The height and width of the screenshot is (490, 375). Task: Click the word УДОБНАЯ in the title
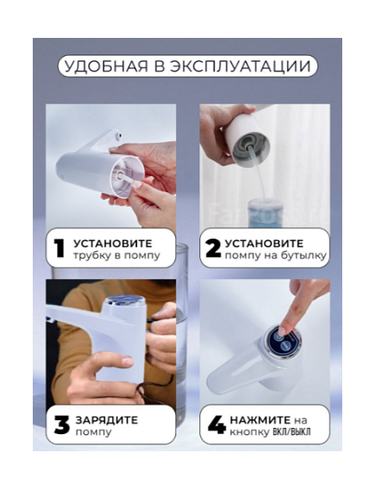tap(106, 66)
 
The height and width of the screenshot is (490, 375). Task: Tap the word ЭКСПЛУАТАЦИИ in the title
tap(241, 66)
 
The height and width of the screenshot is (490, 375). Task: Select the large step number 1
tap(59, 249)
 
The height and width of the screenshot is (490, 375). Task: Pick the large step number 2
tap(213, 249)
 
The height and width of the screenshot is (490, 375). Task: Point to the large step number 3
tap(62, 425)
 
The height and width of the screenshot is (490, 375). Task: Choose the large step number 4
tap(216, 425)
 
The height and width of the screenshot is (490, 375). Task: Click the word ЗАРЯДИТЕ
tap(107, 420)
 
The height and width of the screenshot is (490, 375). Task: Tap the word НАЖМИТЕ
tap(260, 419)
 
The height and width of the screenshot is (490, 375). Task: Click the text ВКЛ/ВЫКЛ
tap(291, 432)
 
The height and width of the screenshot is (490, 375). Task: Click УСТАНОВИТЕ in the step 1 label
tap(113, 243)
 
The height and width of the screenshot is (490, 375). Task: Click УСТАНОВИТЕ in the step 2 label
tap(264, 243)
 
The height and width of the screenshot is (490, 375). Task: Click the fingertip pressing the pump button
tap(283, 331)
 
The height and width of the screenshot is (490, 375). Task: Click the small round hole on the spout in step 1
tap(119, 136)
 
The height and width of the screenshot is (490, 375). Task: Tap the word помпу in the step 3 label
tap(93, 432)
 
